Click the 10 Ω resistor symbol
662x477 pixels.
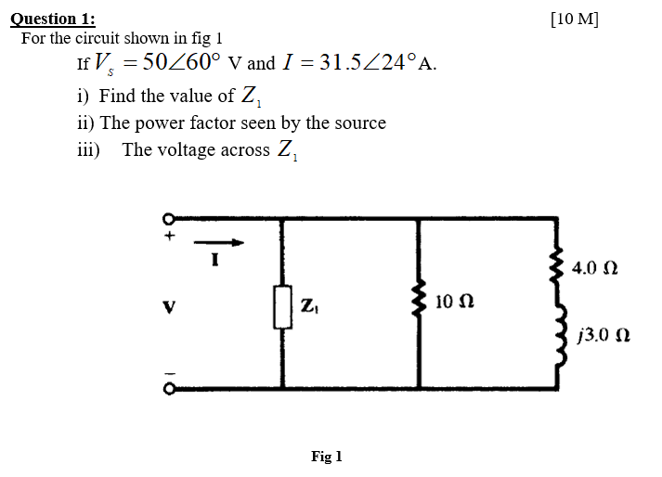[422, 303]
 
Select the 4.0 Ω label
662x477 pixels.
[594, 268]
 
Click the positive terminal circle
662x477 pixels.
[170, 221]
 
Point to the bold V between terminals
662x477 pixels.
[169, 304]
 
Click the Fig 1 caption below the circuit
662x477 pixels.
[327, 457]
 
